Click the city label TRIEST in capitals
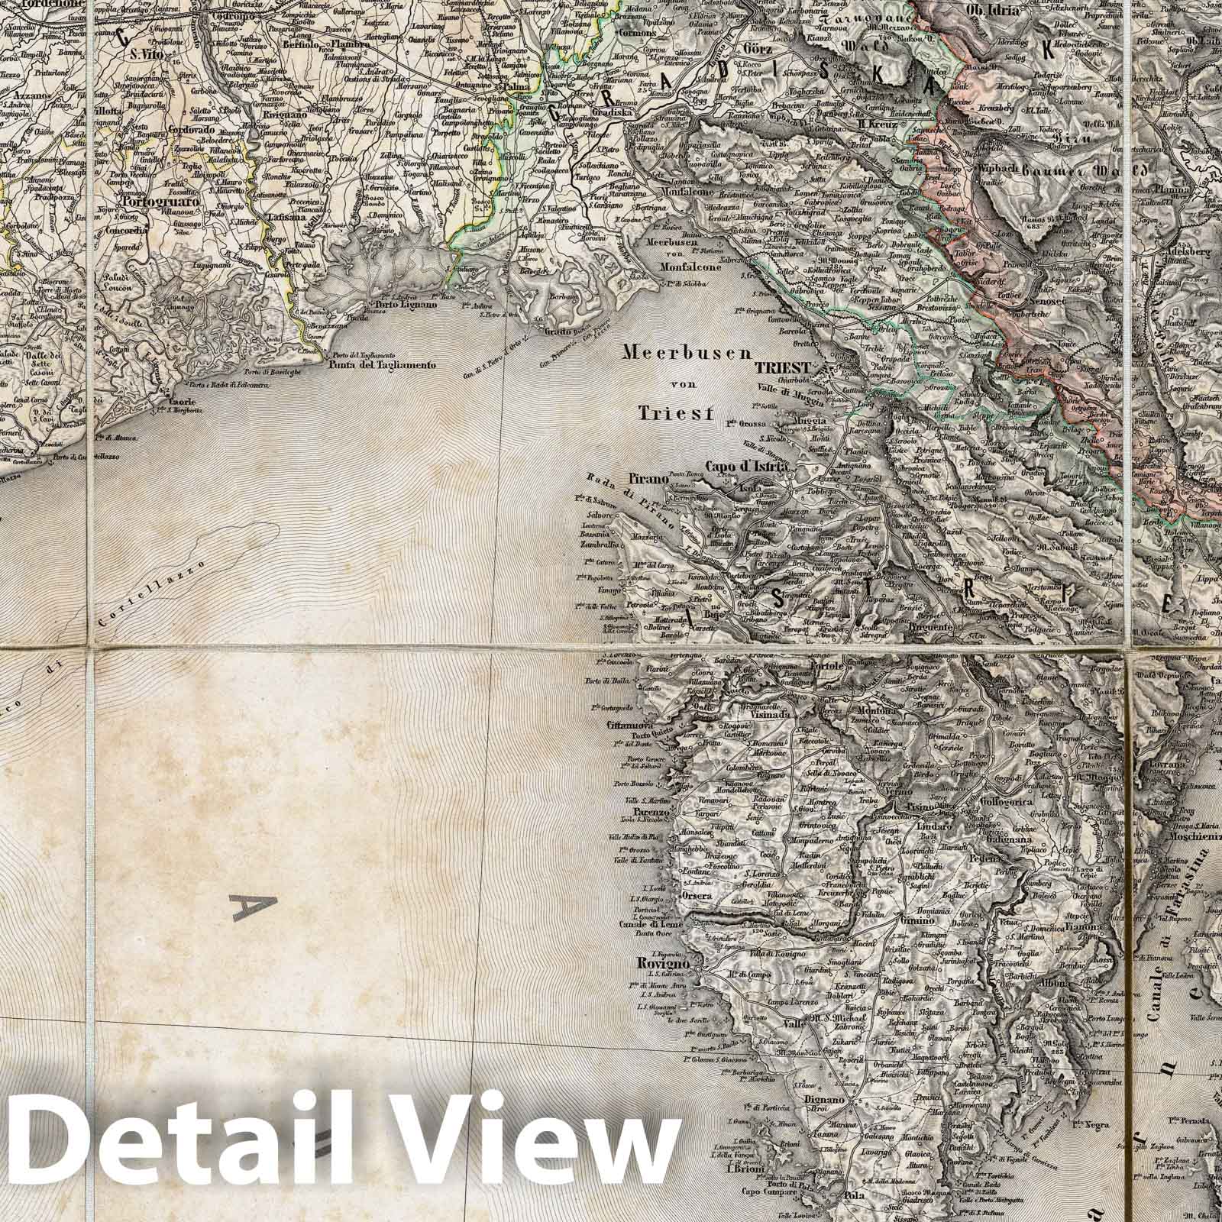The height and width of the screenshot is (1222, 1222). click(781, 367)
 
